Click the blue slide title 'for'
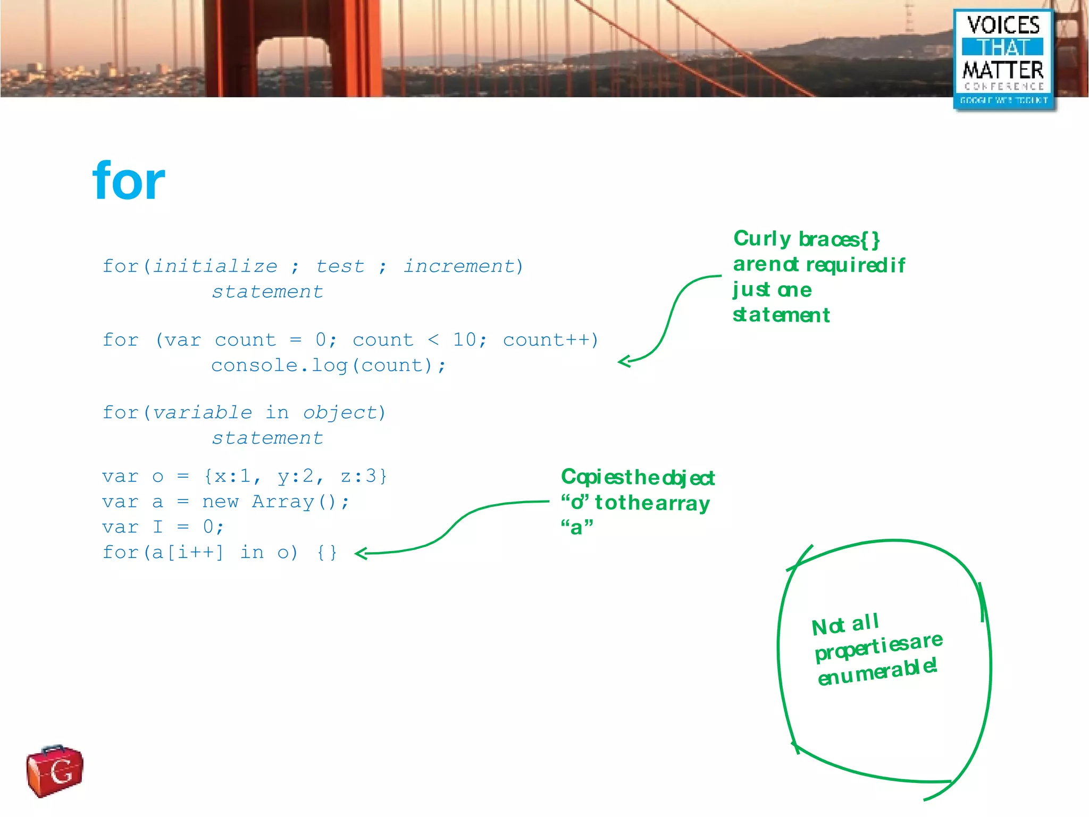(129, 181)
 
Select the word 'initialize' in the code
(215, 266)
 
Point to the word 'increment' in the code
(459, 266)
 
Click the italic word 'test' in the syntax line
(340, 266)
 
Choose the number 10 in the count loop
(465, 339)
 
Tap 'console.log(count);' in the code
(328, 365)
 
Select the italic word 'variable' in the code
(202, 413)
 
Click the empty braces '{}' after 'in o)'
(327, 553)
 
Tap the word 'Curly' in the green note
(762, 239)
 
